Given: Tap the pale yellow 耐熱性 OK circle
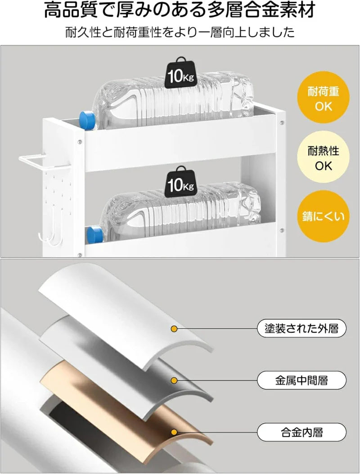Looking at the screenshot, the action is pos(323,157).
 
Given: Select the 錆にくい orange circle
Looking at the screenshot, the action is pos(323,216).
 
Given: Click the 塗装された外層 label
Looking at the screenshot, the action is pos(301,328).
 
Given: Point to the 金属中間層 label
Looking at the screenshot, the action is pos(301,380).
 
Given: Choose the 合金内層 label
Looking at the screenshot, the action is pos(301,432).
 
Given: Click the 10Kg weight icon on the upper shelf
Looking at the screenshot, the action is pos(180,73).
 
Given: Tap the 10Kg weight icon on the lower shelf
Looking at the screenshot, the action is pos(180,181).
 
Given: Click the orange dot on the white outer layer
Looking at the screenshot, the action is pos(174,329).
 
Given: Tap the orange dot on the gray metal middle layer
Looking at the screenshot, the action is pos(174,380).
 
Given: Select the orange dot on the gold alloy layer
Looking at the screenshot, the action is pos(174,432).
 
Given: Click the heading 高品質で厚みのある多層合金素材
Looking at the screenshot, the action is pos(180,10).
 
